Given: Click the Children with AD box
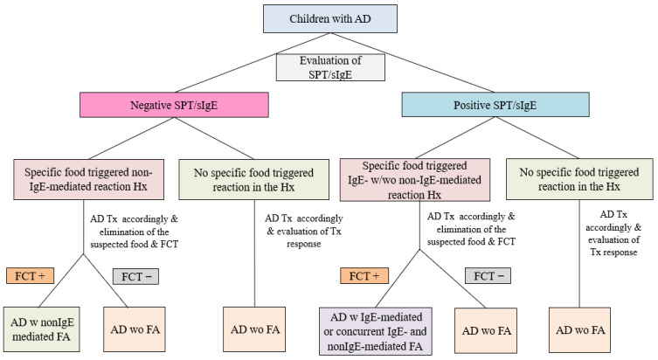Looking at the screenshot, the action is pyautogui.click(x=329, y=19).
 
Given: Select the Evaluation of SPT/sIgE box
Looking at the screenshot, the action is pyautogui.click(x=330, y=67).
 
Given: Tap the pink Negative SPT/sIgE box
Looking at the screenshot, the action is pyautogui.click(x=174, y=105).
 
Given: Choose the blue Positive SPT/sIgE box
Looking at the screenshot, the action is pyautogui.click(x=495, y=105).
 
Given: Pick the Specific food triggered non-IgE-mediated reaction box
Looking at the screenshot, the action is pyautogui.click(x=88, y=179).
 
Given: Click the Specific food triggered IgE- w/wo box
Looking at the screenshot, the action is pyautogui.click(x=414, y=180).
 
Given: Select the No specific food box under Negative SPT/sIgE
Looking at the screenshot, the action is pyautogui.click(x=254, y=180).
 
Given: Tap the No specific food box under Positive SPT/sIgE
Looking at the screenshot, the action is pyautogui.click(x=579, y=179).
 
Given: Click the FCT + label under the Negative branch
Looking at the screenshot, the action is pyautogui.click(x=31, y=276).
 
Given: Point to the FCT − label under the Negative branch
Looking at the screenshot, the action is pyautogui.click(x=136, y=276).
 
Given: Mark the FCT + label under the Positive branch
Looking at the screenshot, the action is pyautogui.click(x=364, y=276).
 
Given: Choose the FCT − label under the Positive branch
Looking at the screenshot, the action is pyautogui.click(x=488, y=276).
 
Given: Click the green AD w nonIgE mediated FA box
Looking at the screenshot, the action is pyautogui.click(x=42, y=329).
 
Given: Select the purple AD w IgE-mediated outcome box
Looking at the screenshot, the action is pyautogui.click(x=376, y=331).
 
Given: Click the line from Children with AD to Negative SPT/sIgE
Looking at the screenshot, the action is pyautogui.click(x=253, y=63).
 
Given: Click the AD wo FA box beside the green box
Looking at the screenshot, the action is pyautogui.click(x=135, y=329).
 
